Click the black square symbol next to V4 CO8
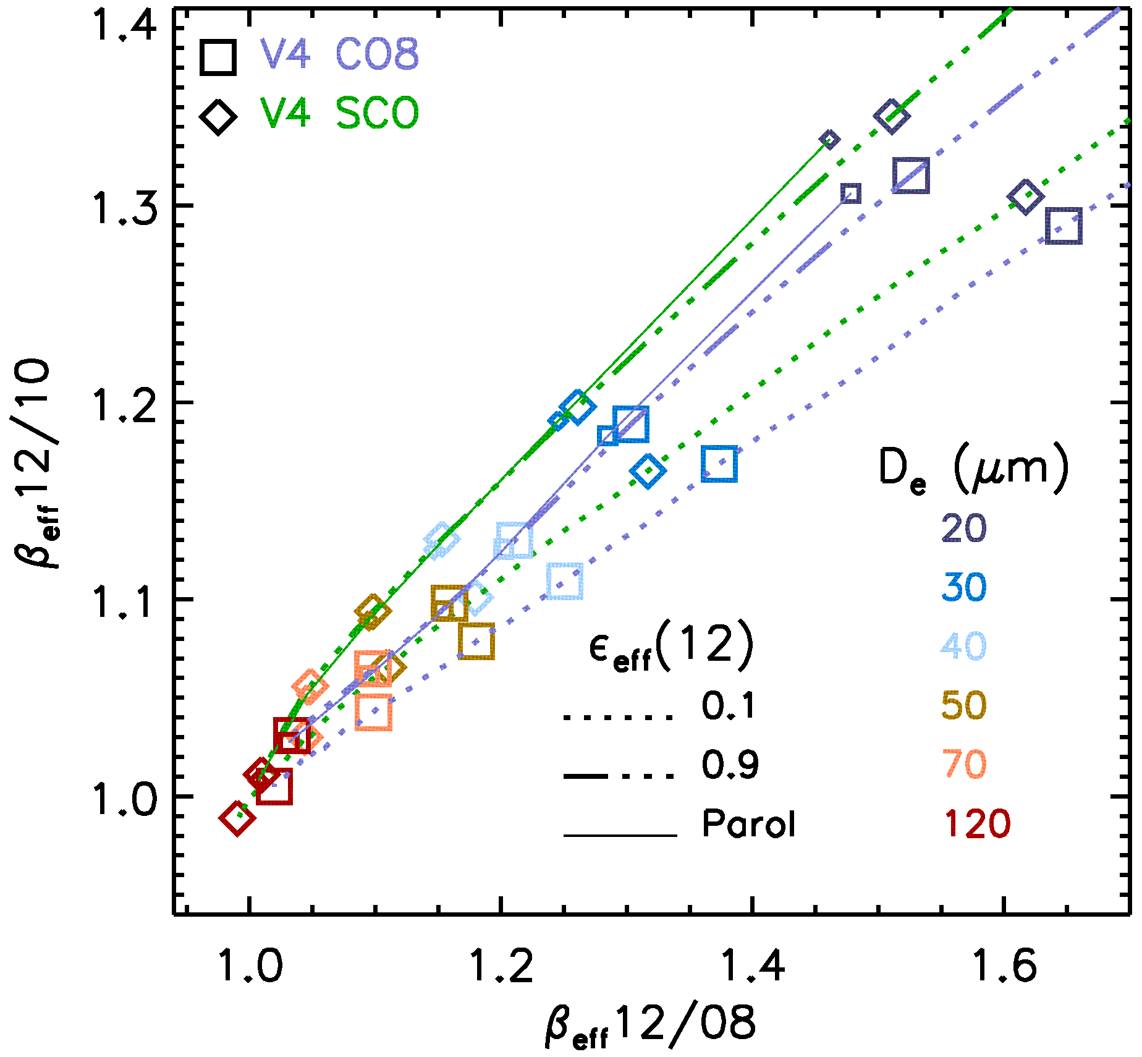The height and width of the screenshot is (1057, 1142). pos(218,57)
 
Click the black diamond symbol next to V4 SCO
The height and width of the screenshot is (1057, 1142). pos(218,116)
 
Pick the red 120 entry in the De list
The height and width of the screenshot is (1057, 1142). pos(977,823)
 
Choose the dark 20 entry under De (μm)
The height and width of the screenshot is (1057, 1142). pos(963,528)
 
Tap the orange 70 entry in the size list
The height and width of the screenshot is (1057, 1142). pos(963,765)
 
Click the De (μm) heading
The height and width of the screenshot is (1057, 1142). pos(973,471)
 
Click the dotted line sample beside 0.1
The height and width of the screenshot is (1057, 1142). pos(618,718)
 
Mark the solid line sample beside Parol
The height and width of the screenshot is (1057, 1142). pos(620,836)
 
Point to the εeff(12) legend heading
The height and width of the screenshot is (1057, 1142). pos(671,647)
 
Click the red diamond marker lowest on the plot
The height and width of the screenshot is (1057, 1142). pos(237,818)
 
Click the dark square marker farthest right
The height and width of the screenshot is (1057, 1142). pos(1064,226)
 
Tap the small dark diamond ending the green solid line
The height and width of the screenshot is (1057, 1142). pos(829,140)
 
